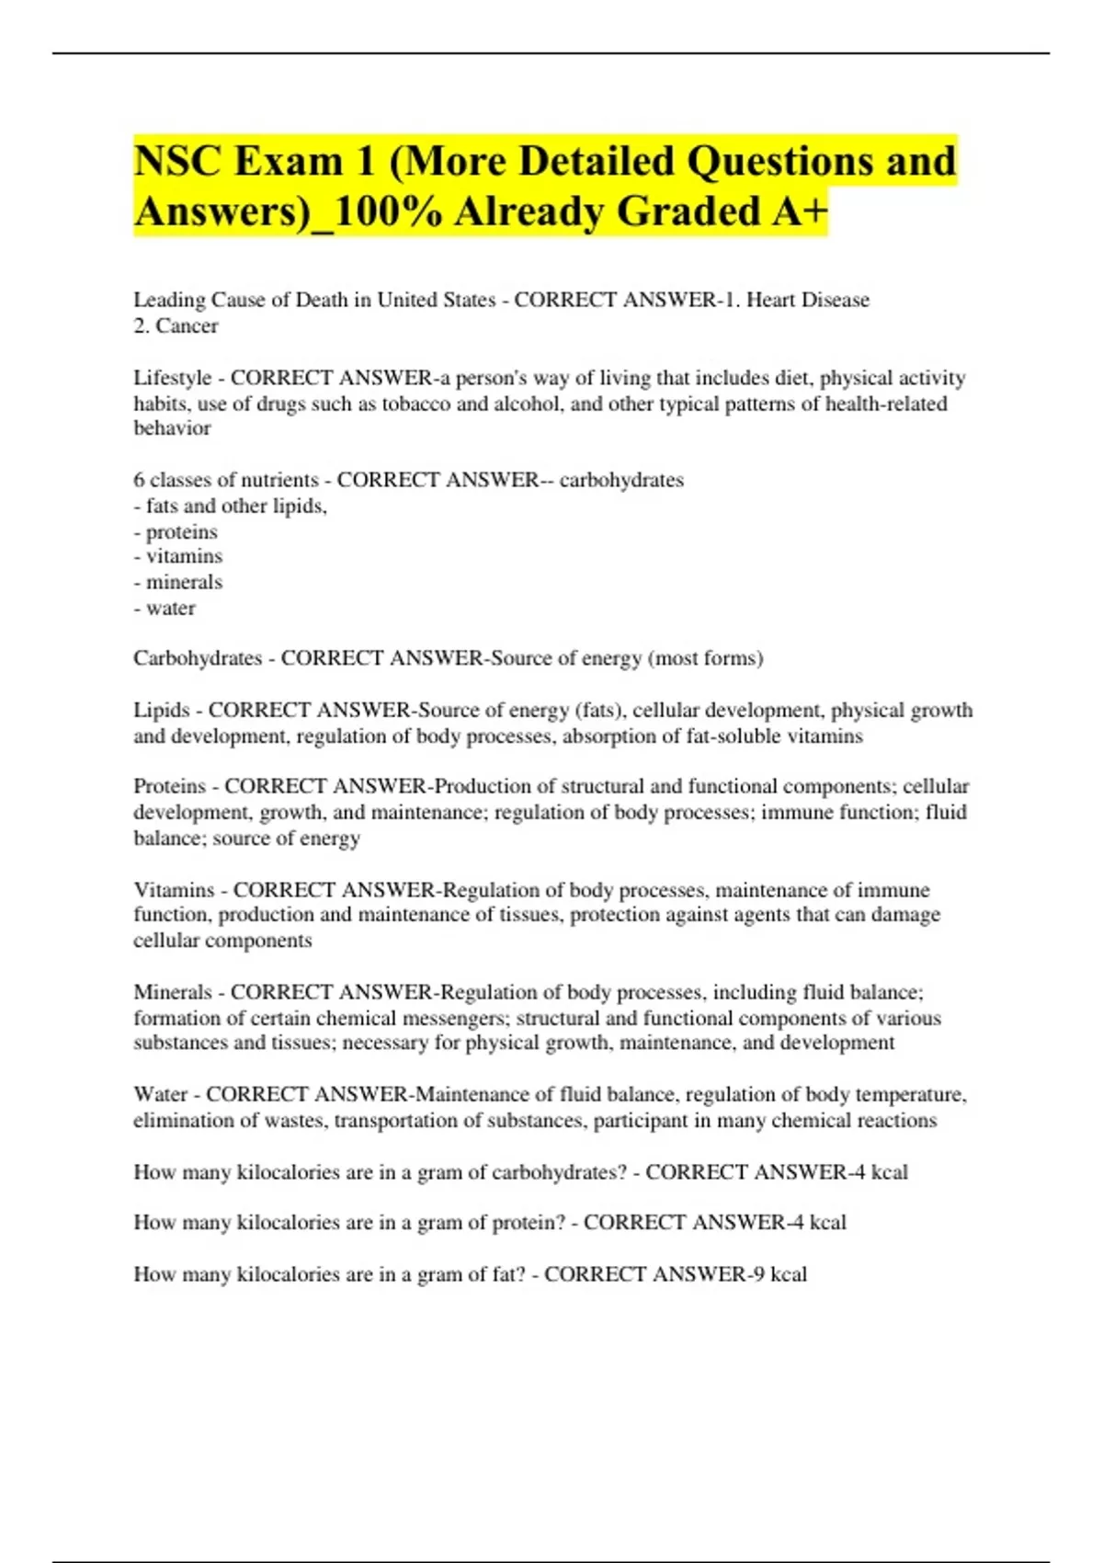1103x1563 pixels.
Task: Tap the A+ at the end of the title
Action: click(800, 211)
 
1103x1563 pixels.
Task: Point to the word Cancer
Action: click(188, 325)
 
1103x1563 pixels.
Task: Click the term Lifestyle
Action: click(173, 378)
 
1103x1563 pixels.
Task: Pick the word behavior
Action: click(172, 428)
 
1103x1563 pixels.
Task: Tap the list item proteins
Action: click(182, 531)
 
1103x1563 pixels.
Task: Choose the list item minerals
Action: click(184, 582)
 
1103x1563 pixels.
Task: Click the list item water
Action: click(171, 608)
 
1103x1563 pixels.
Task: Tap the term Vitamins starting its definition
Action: click(174, 890)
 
